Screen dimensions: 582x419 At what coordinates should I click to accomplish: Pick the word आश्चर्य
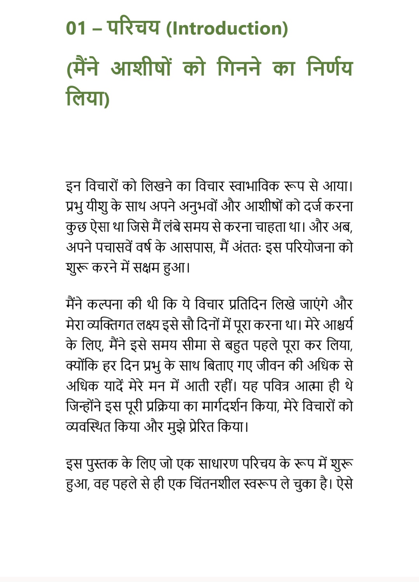(333, 325)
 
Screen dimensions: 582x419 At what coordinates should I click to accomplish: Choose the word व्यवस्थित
(88, 427)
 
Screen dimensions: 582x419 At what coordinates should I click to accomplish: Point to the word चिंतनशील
(215, 484)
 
